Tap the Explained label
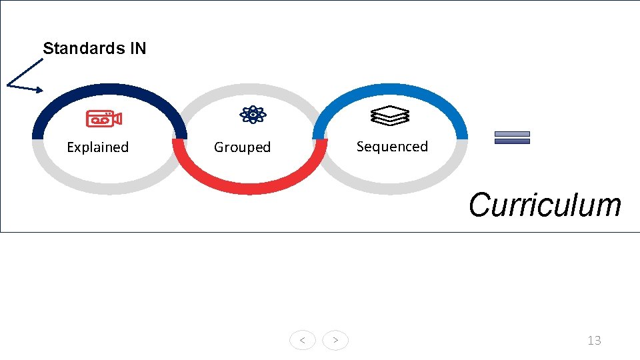[x=97, y=147]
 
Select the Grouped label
[x=242, y=147]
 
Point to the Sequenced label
[x=392, y=147]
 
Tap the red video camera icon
[x=103, y=119]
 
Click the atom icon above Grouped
[x=253, y=115]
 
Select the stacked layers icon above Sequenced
[x=389, y=116]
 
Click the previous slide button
[x=303, y=341]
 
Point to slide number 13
[x=594, y=341]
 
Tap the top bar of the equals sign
[x=512, y=134]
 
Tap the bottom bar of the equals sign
[x=512, y=141]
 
